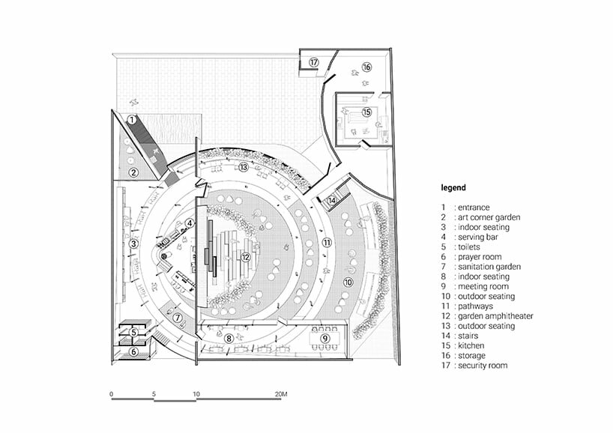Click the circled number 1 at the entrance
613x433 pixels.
click(x=132, y=120)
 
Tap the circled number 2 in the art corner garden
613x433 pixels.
click(x=133, y=172)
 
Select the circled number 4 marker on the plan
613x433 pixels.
click(x=190, y=222)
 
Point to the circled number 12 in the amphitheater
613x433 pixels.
click(x=245, y=257)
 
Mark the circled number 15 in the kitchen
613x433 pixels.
click(x=366, y=112)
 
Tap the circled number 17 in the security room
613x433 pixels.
click(x=313, y=62)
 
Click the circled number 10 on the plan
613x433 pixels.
click(x=348, y=282)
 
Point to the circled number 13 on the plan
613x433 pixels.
click(x=244, y=167)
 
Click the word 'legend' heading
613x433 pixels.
click(x=453, y=187)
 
